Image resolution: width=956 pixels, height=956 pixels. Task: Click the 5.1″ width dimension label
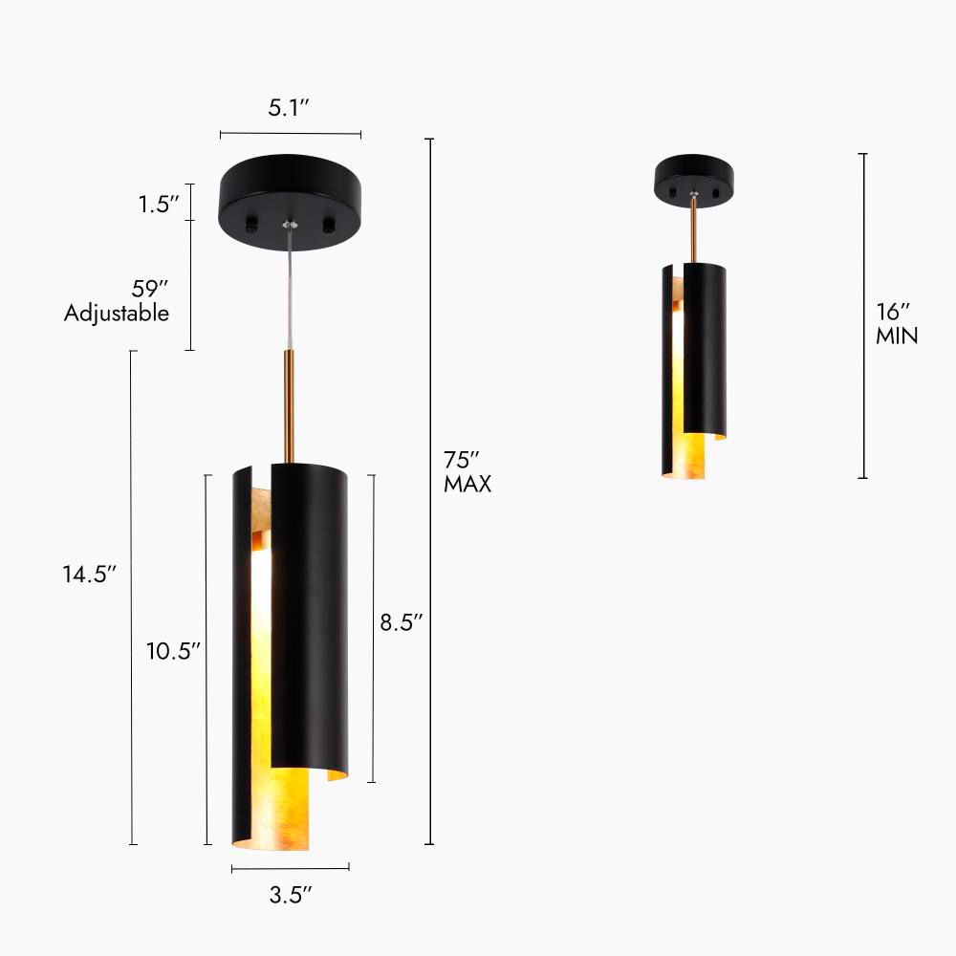291,109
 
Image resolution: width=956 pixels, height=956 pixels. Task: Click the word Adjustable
117,313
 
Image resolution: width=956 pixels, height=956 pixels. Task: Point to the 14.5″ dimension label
90,574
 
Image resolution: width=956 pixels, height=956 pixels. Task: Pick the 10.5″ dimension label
173,651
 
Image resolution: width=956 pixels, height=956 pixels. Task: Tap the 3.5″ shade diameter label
291,896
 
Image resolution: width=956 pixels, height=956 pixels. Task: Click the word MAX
467,485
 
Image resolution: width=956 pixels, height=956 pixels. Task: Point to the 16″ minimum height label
894,312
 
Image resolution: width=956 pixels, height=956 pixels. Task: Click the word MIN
897,337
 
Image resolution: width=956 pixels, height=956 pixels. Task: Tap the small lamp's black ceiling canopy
695,176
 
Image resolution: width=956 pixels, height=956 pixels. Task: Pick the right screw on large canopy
330,224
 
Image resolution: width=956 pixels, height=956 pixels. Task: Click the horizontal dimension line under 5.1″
291,135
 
